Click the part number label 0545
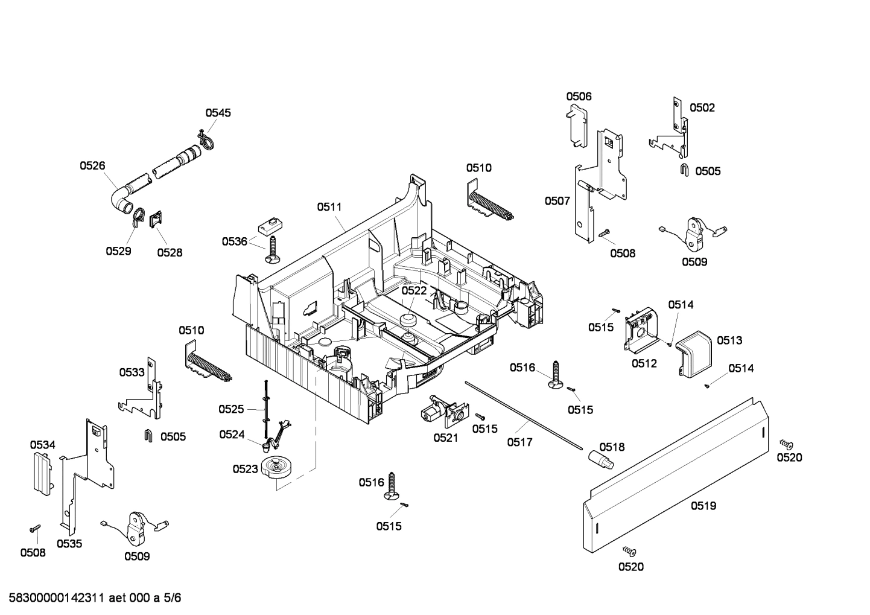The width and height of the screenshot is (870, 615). tap(218, 113)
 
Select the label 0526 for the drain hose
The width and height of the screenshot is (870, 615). tap(92, 165)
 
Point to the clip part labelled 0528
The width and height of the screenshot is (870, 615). tap(156, 220)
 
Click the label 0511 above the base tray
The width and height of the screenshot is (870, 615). tap(329, 207)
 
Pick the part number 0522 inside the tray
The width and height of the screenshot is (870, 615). tap(414, 290)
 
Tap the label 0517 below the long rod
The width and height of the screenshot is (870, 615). tap(519, 442)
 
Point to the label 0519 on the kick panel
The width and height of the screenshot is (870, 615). tap(703, 506)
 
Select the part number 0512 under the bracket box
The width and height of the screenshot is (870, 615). tap(644, 363)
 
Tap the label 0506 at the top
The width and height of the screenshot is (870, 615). tap(579, 97)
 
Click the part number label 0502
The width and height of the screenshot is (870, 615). tap(702, 108)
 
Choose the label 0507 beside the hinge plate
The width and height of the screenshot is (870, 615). tap(557, 201)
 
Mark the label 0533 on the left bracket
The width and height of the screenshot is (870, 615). tap(132, 372)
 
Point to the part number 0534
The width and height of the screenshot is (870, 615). tap(43, 445)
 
